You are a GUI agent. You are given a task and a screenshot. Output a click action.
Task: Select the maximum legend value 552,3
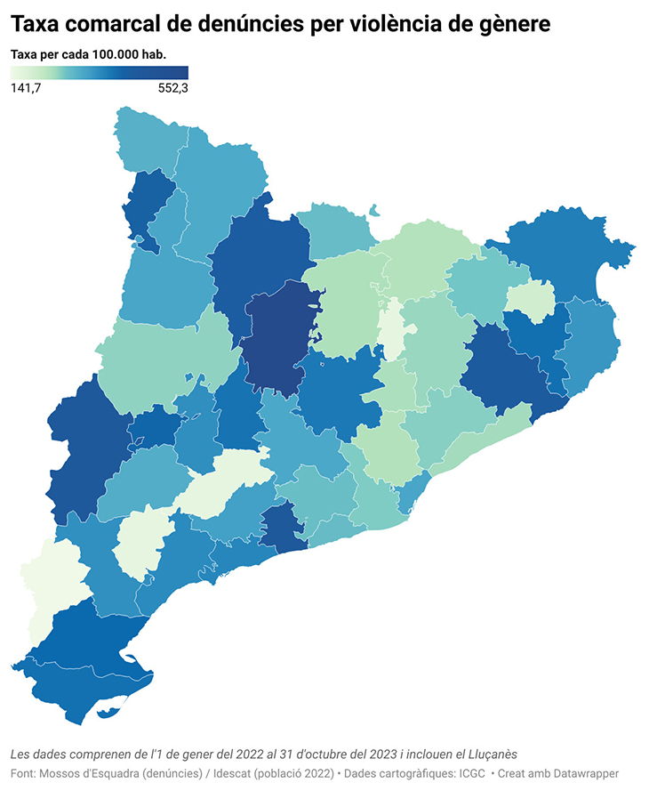pos(171,88)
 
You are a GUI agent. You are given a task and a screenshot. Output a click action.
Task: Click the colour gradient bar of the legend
pos(99,72)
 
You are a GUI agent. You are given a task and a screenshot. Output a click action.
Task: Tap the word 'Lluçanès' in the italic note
pos(490,754)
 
